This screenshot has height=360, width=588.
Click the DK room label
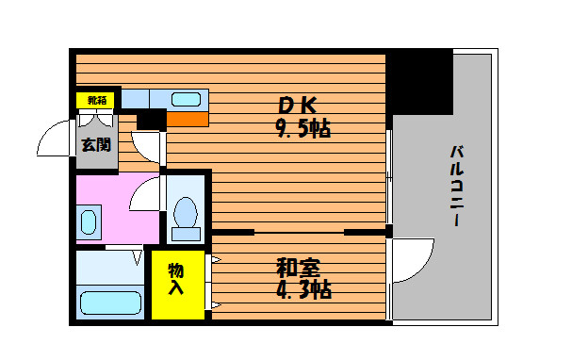pyautogui.click(x=298, y=106)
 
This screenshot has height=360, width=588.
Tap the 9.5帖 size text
pyautogui.click(x=303, y=128)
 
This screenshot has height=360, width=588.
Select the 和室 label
pyautogui.click(x=298, y=268)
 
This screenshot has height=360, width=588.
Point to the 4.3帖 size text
pyautogui.click(x=303, y=289)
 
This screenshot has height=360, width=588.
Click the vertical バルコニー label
pyautogui.click(x=457, y=186)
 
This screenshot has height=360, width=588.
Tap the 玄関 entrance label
pyautogui.click(x=96, y=145)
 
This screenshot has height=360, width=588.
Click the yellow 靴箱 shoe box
pyautogui.click(x=95, y=101)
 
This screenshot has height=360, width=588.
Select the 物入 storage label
pyautogui.click(x=176, y=279)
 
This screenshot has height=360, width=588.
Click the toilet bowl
pyautogui.click(x=186, y=213)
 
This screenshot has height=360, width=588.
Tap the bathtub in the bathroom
pyautogui.click(x=110, y=303)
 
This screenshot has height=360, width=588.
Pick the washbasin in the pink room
pyautogui.click(x=89, y=222)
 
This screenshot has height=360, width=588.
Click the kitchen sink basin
pyautogui.click(x=186, y=99)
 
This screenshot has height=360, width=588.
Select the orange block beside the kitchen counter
pyautogui.click(x=188, y=120)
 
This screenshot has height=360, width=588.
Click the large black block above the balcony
pyautogui.click(x=419, y=82)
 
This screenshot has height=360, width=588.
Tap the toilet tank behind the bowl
pyautogui.click(x=186, y=234)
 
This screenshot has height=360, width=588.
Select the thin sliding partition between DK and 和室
pyautogui.click(x=300, y=233)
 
